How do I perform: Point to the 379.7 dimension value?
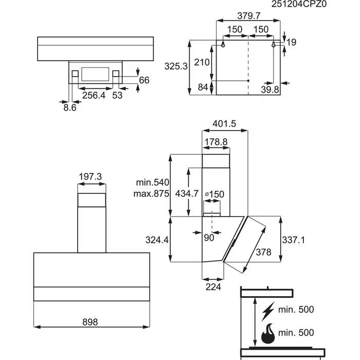[x=248, y=16]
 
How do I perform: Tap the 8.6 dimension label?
[x=69, y=108]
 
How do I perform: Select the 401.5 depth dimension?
[x=224, y=123]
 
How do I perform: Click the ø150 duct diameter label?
[x=214, y=194]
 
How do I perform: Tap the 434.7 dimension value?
[x=187, y=194]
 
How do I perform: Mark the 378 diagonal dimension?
[x=263, y=253]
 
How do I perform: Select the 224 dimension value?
[x=212, y=287]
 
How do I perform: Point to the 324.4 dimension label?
[x=156, y=240]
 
